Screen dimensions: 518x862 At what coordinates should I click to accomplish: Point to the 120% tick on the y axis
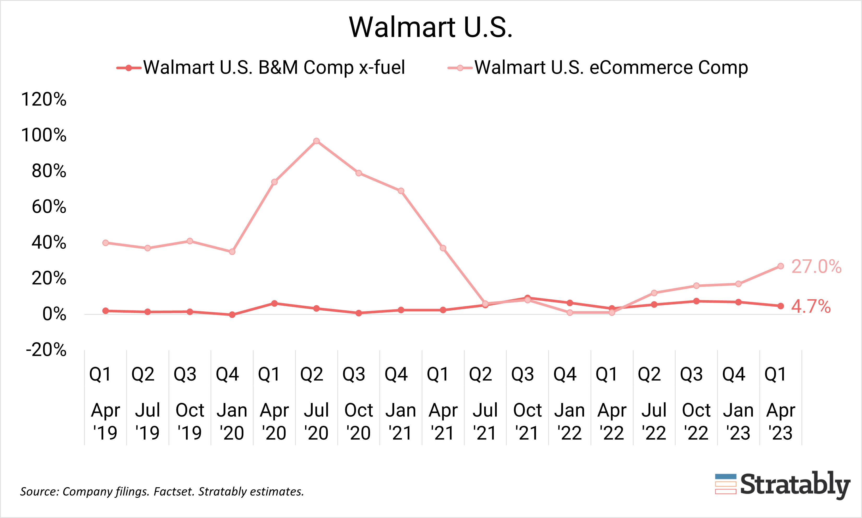pos(44,100)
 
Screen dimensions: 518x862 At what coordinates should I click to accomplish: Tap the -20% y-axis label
pos(46,350)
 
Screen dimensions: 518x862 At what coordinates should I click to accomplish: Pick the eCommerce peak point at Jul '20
pos(316,141)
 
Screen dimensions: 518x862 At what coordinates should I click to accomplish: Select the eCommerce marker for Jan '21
pos(401,191)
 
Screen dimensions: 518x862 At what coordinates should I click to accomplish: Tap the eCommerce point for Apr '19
pos(106,243)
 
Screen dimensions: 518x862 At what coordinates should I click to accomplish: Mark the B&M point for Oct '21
pos(527,298)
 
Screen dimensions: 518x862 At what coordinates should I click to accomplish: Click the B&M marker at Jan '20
pos(232,315)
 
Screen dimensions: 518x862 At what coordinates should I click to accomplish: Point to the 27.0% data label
pos(816,267)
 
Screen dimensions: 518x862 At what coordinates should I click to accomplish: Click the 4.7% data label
pos(811,306)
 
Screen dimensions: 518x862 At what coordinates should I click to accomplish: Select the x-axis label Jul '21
pos(485,421)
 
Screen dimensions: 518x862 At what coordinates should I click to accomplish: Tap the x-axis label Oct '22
pos(696,421)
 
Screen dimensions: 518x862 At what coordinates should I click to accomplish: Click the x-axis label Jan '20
pos(232,421)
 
